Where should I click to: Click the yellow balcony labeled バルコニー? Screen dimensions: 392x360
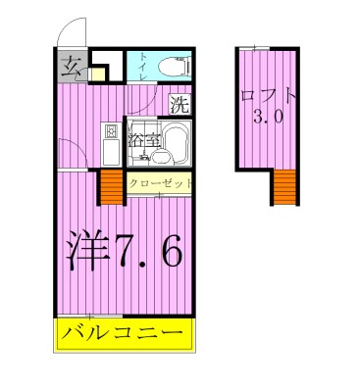tap(123, 334)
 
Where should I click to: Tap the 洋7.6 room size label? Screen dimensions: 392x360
tap(123, 253)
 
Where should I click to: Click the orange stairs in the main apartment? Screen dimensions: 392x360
tap(110, 188)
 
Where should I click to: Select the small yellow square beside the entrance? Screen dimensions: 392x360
tap(96, 73)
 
